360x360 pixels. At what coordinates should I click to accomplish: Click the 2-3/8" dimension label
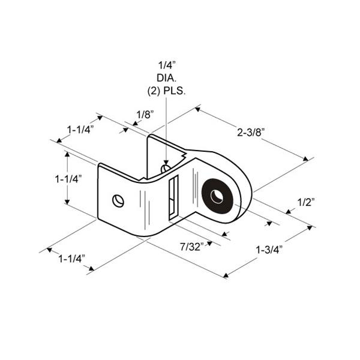pyautogui.click(x=251, y=133)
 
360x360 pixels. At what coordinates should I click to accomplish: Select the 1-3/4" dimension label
pyautogui.click(x=269, y=250)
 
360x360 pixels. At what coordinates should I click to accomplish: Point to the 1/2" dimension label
pyautogui.click(x=306, y=202)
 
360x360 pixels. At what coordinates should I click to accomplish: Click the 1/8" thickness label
pyautogui.click(x=145, y=115)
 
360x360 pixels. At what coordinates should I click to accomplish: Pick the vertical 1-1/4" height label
pyautogui.click(x=68, y=179)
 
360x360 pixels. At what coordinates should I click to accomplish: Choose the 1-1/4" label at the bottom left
pyautogui.click(x=72, y=259)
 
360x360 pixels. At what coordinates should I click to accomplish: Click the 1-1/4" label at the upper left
pyautogui.click(x=80, y=130)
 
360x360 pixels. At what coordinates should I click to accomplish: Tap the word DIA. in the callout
pyautogui.click(x=166, y=78)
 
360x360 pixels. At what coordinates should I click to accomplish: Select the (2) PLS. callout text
pyautogui.click(x=166, y=91)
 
